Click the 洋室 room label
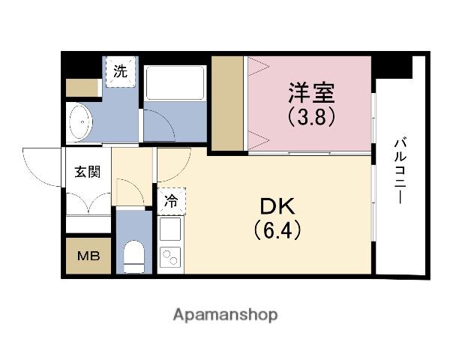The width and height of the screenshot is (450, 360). point(309,94)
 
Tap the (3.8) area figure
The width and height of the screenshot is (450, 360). point(309,117)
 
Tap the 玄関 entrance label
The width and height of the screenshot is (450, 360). point(84,172)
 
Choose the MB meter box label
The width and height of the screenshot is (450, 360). point(85,255)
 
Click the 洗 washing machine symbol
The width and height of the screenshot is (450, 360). point(120,73)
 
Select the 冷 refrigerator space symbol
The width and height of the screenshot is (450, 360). point(172,200)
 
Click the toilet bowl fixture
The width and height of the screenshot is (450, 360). point(134,256)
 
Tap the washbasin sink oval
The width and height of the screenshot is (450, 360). point(79,120)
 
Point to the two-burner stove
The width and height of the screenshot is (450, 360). point(170,256)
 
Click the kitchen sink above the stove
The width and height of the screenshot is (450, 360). point(170,228)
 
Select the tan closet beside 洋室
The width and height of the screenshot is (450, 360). point(226,103)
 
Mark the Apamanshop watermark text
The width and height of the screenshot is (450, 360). point(224,313)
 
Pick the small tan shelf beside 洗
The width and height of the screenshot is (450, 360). point(82,88)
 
